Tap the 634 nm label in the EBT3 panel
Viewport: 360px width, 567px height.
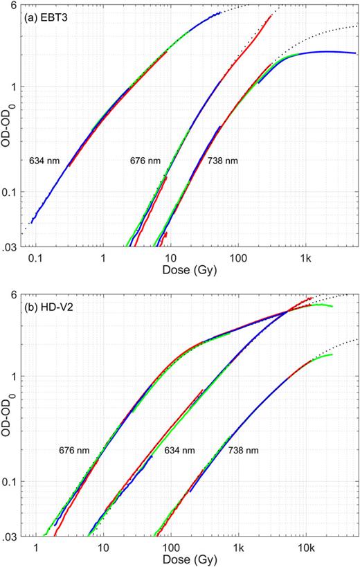point(44,161)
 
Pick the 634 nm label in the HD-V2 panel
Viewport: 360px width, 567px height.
point(179,451)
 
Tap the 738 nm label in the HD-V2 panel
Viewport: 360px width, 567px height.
point(243,451)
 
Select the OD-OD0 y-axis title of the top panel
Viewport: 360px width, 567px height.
point(8,129)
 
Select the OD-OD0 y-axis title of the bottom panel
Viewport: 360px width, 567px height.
point(8,418)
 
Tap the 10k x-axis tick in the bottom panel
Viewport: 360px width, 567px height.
point(305,546)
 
